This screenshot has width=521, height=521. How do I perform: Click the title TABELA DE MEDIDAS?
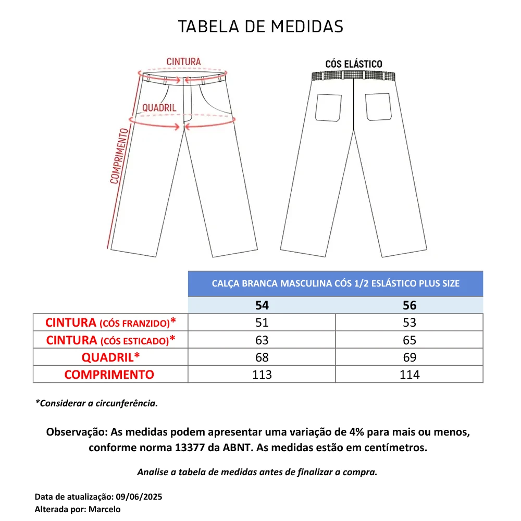[x=260, y=27]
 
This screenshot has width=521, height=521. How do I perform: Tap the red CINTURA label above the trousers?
[x=183, y=62]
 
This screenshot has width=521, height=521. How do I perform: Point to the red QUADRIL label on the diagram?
[x=159, y=108]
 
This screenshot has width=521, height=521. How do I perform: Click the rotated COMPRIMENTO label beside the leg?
[x=119, y=156]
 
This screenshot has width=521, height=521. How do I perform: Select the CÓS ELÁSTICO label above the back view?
[x=354, y=64]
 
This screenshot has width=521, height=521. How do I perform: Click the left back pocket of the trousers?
[x=329, y=107]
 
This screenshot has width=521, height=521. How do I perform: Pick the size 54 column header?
[x=262, y=305]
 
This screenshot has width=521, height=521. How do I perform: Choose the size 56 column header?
[x=410, y=305]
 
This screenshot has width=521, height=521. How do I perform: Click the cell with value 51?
[x=262, y=322]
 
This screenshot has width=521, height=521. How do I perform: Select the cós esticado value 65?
[x=410, y=340]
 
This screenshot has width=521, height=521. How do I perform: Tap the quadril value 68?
[x=262, y=357]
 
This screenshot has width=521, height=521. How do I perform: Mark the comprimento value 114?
[x=410, y=375]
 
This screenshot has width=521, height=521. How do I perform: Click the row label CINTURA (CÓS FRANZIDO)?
[x=110, y=322]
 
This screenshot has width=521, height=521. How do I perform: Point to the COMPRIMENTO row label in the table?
[x=109, y=375]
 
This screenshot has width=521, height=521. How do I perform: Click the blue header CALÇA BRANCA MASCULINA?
[x=336, y=284]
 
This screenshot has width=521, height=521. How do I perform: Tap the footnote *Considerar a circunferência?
[x=96, y=403]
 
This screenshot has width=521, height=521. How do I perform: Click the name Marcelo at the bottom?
[x=104, y=509]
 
